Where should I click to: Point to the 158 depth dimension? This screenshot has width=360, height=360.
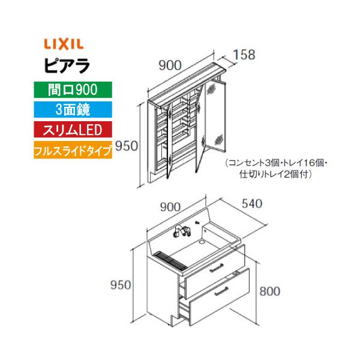pos(244,54)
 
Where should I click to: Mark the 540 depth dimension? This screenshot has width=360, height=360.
pos(253,204)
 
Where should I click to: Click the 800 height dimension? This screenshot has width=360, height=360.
pos(271,291)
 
